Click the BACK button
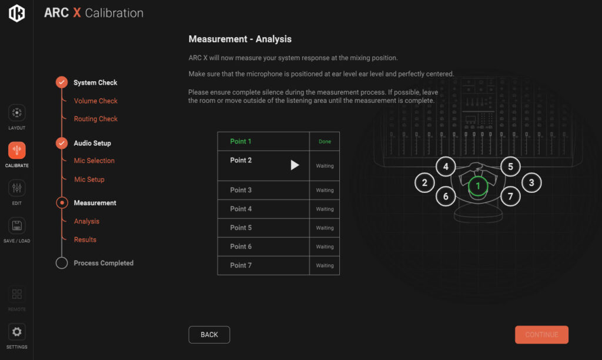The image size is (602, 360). tap(209, 335)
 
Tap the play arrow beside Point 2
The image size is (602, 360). tap(295, 165)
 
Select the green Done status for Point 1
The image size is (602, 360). tap(325, 141)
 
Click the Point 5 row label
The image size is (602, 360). tap(240, 228)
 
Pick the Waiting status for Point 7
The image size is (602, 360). tap(325, 265)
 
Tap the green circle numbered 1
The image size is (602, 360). tap(478, 186)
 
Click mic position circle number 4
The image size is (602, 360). tap(446, 166)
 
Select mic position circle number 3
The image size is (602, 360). tap(531, 183)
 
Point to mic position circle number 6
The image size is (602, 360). tap(446, 196)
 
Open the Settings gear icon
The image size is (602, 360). tap(17, 332)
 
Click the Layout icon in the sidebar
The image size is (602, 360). tap(17, 113)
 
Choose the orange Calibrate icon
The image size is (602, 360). tap(17, 150)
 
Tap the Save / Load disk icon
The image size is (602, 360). tap(17, 226)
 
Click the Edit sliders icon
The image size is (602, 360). tap(17, 188)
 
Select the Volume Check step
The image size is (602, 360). tap(96, 101)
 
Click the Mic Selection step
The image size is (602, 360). tap(94, 161)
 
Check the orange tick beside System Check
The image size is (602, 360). tap(62, 82)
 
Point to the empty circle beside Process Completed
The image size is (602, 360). tap(62, 263)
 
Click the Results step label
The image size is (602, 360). tap(85, 240)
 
